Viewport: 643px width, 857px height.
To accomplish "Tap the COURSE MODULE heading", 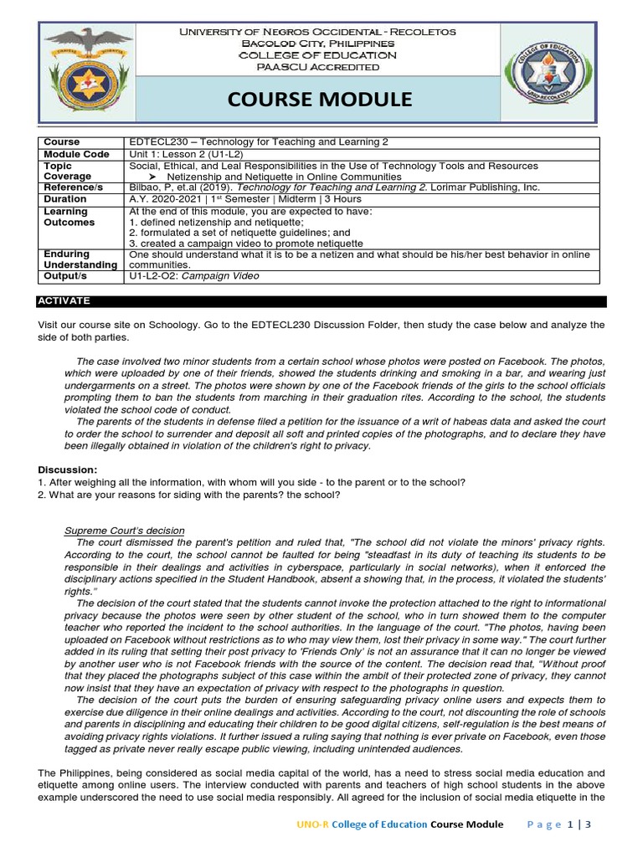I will coord(319,100).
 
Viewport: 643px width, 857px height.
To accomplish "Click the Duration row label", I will coord(64,199).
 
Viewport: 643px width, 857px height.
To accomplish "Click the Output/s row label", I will coord(65,275).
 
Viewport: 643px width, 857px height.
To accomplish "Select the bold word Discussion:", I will coord(67,470).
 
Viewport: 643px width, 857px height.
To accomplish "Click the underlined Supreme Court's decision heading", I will coord(124,531).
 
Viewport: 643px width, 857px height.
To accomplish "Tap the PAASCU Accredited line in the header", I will coord(318,67).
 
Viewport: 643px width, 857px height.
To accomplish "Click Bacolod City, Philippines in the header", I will coord(318,43).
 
